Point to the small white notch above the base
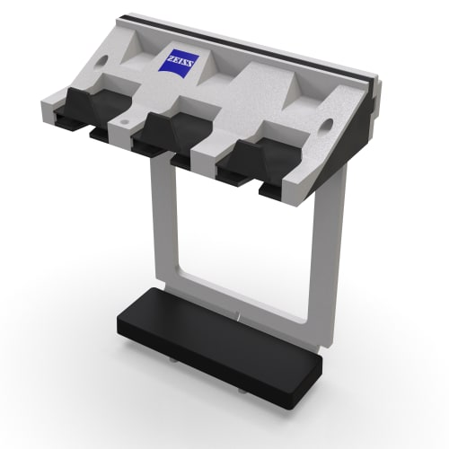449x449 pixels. tap(236, 316)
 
